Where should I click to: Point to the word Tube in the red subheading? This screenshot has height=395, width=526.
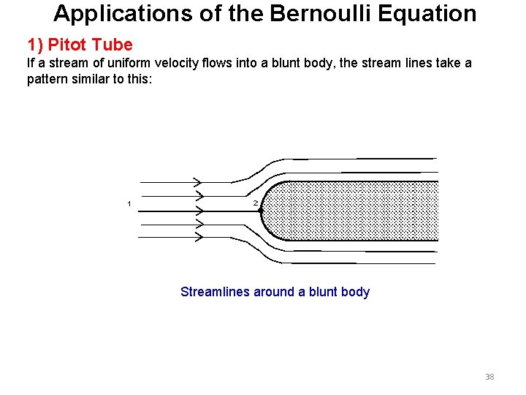pos(113,45)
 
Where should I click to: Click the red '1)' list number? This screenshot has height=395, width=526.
pos(36,45)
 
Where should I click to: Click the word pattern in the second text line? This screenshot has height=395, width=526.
pos(49,79)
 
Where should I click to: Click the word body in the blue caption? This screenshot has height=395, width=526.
pos(355,292)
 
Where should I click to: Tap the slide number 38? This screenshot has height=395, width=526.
pos(489,377)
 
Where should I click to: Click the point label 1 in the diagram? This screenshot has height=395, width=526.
pos(129,203)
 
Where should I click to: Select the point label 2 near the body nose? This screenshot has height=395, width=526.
pos(255,203)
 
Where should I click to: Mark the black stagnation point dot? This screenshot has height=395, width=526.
pos(261,211)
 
